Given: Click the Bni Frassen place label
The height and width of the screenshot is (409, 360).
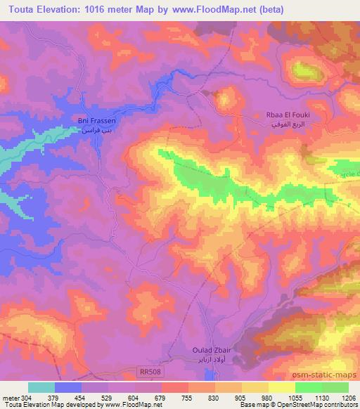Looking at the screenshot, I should (96, 125).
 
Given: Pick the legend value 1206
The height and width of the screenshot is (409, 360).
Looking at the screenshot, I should (340, 397).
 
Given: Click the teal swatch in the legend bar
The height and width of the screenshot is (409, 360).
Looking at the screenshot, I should (41, 387).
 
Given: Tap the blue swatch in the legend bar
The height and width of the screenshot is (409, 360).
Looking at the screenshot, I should (68, 387).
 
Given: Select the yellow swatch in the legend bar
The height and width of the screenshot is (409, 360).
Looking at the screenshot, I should (282, 387).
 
